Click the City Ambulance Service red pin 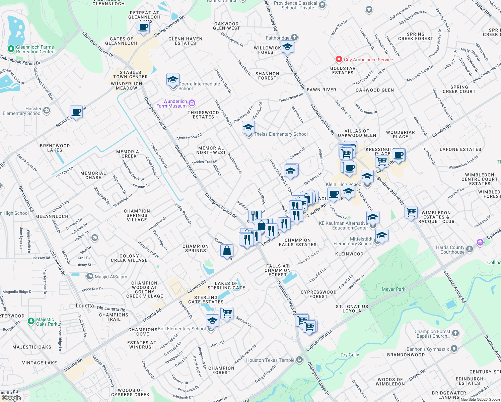tap(339, 59)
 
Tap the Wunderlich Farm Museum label tap(171, 104)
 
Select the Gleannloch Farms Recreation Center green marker tap(11, 49)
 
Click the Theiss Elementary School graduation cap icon tap(248, 128)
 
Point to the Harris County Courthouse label tap(450, 250)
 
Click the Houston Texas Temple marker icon tap(299, 360)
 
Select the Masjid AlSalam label tap(111, 277)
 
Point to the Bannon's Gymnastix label tap(427, 349)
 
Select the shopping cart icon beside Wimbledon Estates tap(411, 212)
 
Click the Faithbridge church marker tap(294, 38)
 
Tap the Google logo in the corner tap(11, 398)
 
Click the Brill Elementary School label tap(182, 329)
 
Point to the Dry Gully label tap(349, 355)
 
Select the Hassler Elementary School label tap(22, 111)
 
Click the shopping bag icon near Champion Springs tap(227, 250)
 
